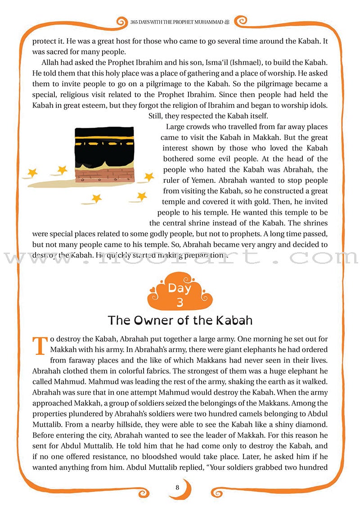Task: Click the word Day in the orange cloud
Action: pos(180,288)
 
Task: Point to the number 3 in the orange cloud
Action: pos(180,302)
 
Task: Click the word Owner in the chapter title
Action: pos(160,320)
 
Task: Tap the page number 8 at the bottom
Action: pos(178,487)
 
